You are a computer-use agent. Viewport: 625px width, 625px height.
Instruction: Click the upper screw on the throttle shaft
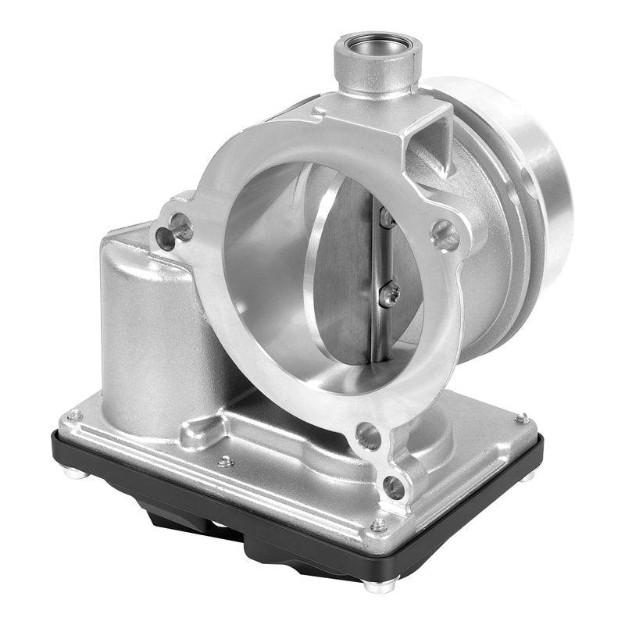384,219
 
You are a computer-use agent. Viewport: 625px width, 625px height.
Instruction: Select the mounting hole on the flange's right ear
445,235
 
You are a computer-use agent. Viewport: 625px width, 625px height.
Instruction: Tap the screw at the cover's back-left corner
75,414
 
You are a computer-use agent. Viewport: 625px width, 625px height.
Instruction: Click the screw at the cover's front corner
379,525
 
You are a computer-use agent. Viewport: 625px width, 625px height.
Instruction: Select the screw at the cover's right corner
521,419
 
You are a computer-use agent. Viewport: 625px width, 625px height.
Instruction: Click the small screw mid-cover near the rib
226,461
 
